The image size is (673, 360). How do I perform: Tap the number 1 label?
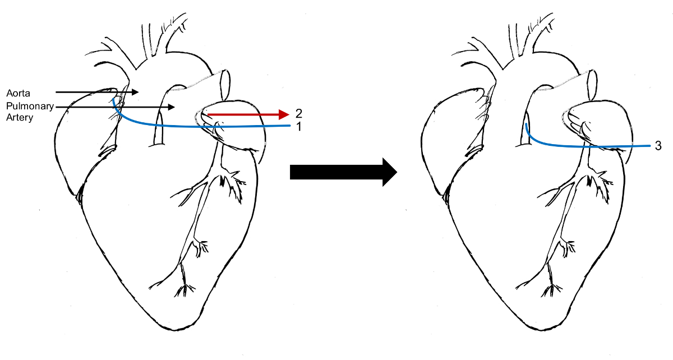pos(299,126)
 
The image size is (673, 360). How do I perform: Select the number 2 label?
pos(299,113)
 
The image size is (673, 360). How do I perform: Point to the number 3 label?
pos(658,146)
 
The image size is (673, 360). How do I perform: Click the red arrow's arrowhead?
pos(283,115)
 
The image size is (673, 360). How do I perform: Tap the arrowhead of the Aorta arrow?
pos(136,91)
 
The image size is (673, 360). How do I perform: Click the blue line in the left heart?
pos(185,127)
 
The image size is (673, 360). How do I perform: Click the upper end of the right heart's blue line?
pos(526,124)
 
